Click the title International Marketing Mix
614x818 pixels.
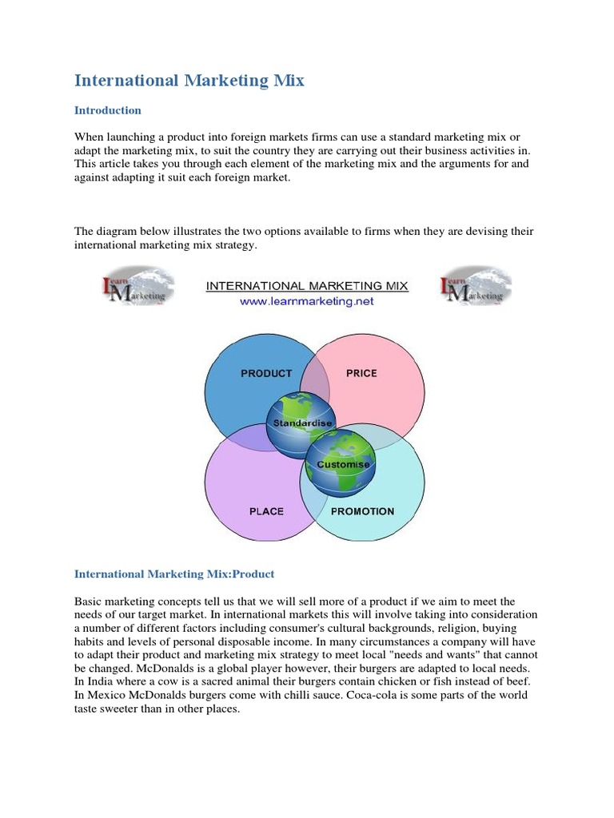click(x=189, y=81)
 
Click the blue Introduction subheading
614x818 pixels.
click(x=108, y=110)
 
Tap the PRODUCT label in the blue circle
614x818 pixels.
click(x=266, y=373)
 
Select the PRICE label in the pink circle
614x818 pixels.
click(x=361, y=373)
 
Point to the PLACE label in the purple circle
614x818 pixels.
click(x=266, y=511)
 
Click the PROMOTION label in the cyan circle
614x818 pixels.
click(x=362, y=511)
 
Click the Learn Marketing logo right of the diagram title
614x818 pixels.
click(x=476, y=287)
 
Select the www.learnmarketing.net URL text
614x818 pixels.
click(x=307, y=302)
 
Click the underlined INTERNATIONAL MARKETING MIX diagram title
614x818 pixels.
click(x=307, y=286)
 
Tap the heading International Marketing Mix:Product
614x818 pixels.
click(x=174, y=574)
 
